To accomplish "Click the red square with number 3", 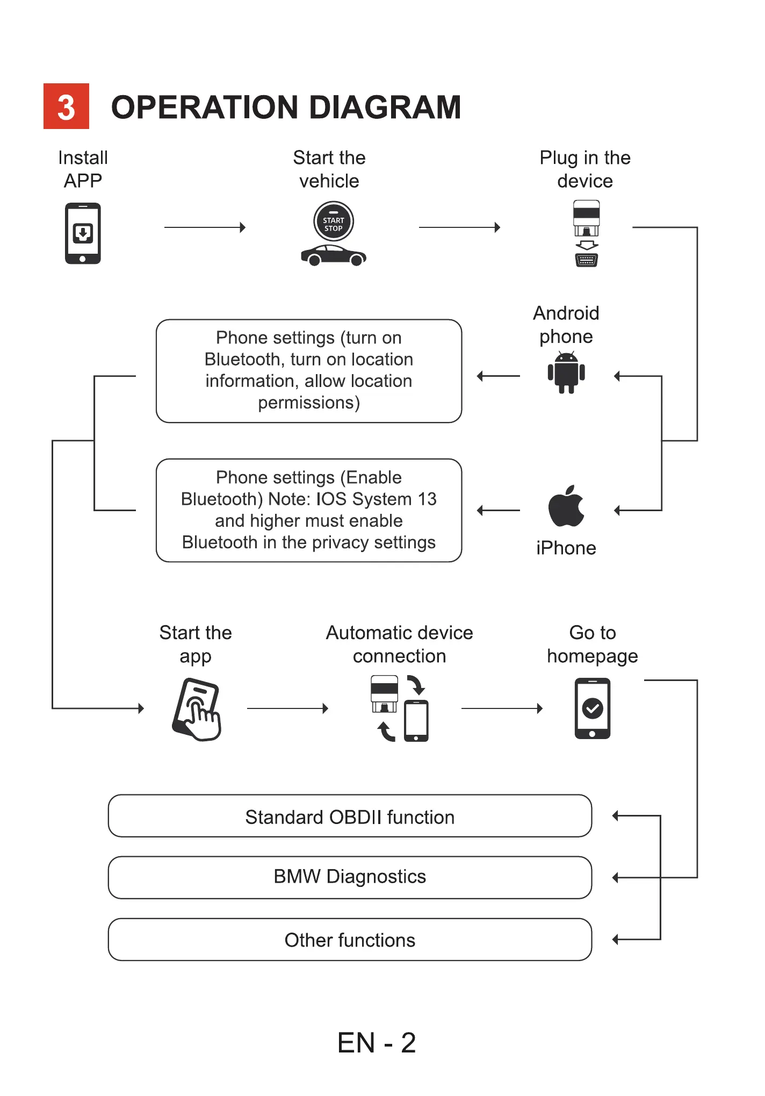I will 66,106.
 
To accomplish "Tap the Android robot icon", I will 566,373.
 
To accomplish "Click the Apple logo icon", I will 566,506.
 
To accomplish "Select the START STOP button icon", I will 333,221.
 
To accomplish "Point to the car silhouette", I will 333,255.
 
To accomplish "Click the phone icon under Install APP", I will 83,233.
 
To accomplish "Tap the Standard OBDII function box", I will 350,816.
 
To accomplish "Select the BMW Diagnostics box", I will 350,877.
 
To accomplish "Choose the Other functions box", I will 350,940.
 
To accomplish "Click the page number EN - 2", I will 377,1043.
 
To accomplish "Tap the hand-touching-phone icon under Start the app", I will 197,710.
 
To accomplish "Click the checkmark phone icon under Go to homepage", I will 592,708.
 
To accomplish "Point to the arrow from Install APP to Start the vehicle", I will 205,227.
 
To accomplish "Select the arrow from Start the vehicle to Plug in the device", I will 459,227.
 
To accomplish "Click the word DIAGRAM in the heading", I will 385,107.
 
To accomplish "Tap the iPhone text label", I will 566,548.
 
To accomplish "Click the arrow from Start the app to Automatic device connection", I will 287,708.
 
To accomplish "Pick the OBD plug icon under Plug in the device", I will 586,233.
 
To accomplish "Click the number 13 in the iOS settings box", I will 427,499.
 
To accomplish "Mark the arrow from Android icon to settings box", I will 498,376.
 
